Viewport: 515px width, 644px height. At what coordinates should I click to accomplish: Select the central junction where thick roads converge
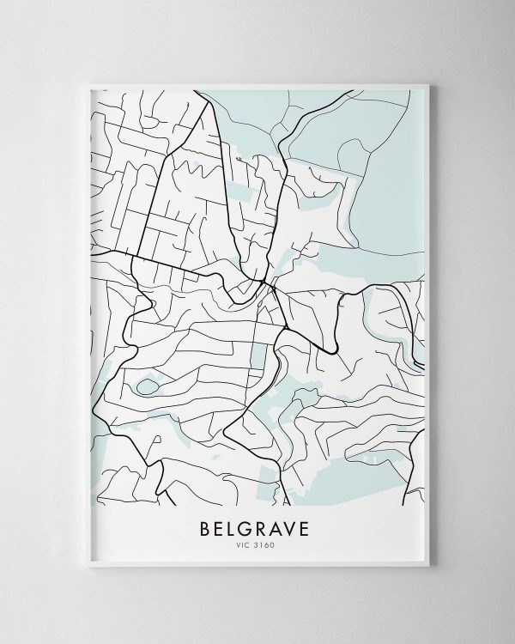click(x=268, y=283)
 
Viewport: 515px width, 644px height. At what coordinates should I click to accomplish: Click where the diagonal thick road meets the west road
click(x=133, y=255)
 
